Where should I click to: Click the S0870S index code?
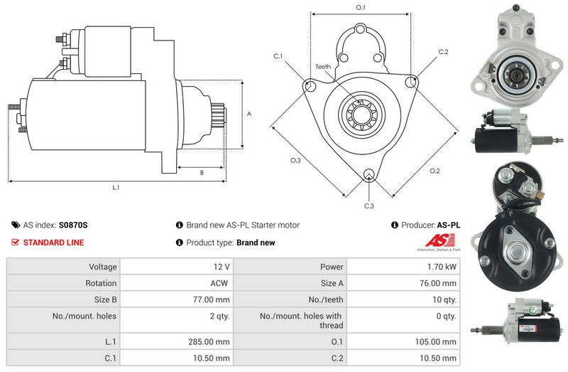click(x=73, y=225)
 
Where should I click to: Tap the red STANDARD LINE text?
click(x=53, y=243)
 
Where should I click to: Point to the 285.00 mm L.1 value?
click(x=210, y=341)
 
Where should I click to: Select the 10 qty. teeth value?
click(x=444, y=299)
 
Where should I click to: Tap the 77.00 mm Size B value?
click(x=212, y=299)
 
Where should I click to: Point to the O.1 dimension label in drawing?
click(x=360, y=7)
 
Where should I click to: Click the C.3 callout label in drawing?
click(x=368, y=206)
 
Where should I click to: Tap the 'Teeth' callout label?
click(x=323, y=66)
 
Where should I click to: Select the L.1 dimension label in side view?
click(x=116, y=188)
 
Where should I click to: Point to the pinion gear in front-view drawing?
click(x=361, y=115)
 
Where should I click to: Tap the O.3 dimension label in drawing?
click(x=295, y=161)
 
